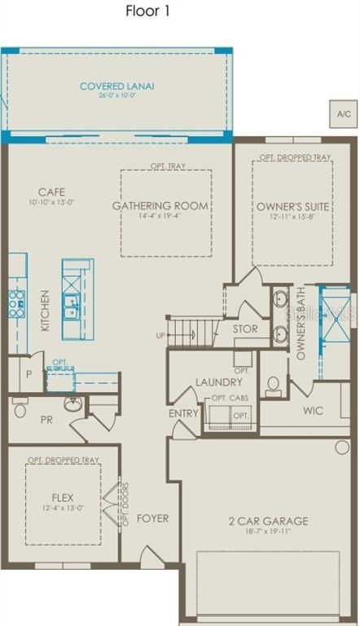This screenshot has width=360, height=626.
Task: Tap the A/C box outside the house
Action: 343,113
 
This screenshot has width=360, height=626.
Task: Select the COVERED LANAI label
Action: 116,86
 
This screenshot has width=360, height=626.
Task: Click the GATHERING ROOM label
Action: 160,205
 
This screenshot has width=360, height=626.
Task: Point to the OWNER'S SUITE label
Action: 291,205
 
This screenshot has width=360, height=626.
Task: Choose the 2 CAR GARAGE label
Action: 269,521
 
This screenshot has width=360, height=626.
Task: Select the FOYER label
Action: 152,518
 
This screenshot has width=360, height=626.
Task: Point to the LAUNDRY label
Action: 218,381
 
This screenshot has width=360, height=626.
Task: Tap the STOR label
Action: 245,329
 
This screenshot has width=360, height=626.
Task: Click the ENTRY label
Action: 183,413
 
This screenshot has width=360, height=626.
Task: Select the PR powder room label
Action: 46,420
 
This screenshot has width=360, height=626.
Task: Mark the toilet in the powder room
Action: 20,410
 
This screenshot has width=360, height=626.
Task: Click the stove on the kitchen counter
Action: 15,302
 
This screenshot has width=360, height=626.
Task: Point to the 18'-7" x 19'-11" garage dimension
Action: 269,533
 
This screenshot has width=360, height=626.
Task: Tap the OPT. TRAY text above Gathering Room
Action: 168,166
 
